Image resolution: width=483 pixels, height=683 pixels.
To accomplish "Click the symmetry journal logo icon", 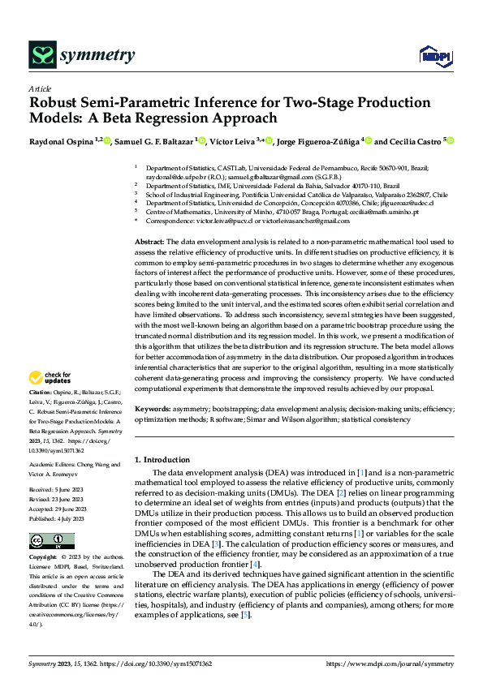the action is point(41,55).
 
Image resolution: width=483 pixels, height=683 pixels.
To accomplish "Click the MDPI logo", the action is point(433,54).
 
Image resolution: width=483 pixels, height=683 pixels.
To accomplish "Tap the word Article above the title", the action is point(40,88).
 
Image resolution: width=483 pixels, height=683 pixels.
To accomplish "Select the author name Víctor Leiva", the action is point(233,140).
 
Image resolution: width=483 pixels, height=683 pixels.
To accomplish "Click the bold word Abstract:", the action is point(149,243).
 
